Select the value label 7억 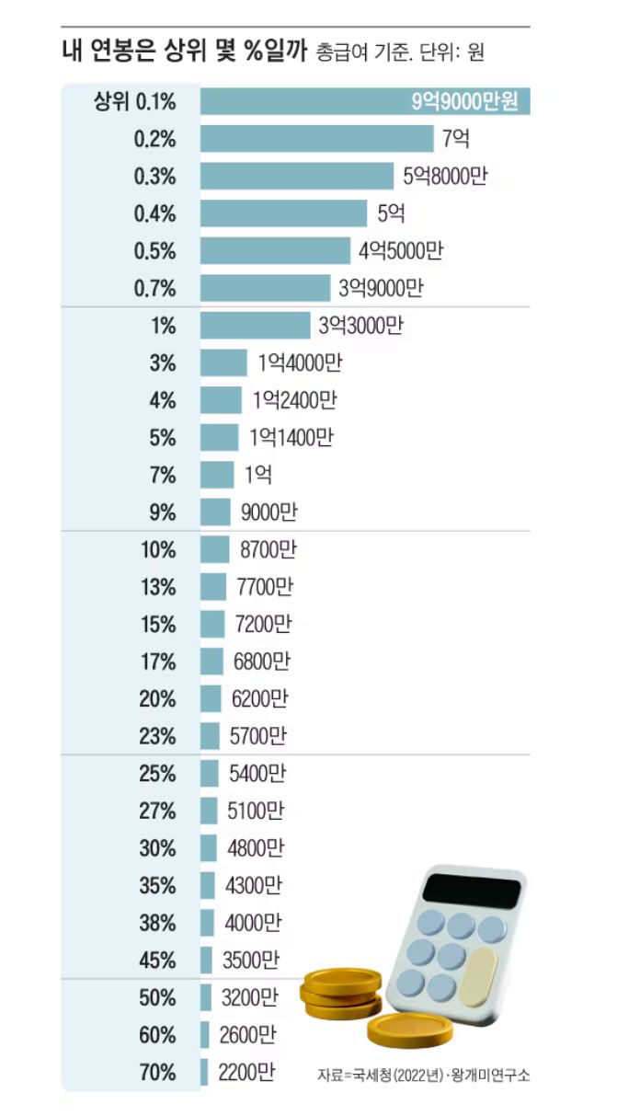coord(457,140)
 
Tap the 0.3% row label coord(154,178)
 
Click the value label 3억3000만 coord(360,326)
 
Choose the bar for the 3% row coord(224,363)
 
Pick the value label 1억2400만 coord(289,400)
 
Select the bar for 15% coord(212,625)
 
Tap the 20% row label coord(157,699)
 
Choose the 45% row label coord(157,961)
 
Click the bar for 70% coord(205,1072)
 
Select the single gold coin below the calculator coord(409,1027)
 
